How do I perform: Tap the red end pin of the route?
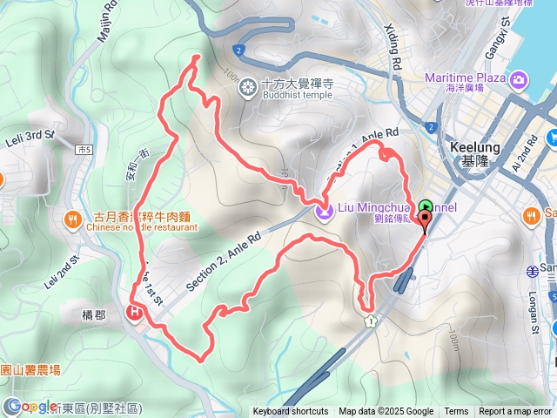click(x=425, y=223)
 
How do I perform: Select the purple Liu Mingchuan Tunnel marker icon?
click(x=324, y=210)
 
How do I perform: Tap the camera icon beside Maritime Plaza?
click(x=519, y=80)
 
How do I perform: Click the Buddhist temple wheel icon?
click(x=249, y=85)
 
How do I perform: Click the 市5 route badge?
click(x=84, y=150)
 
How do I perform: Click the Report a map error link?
click(x=515, y=412)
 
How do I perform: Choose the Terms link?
click(x=456, y=412)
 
